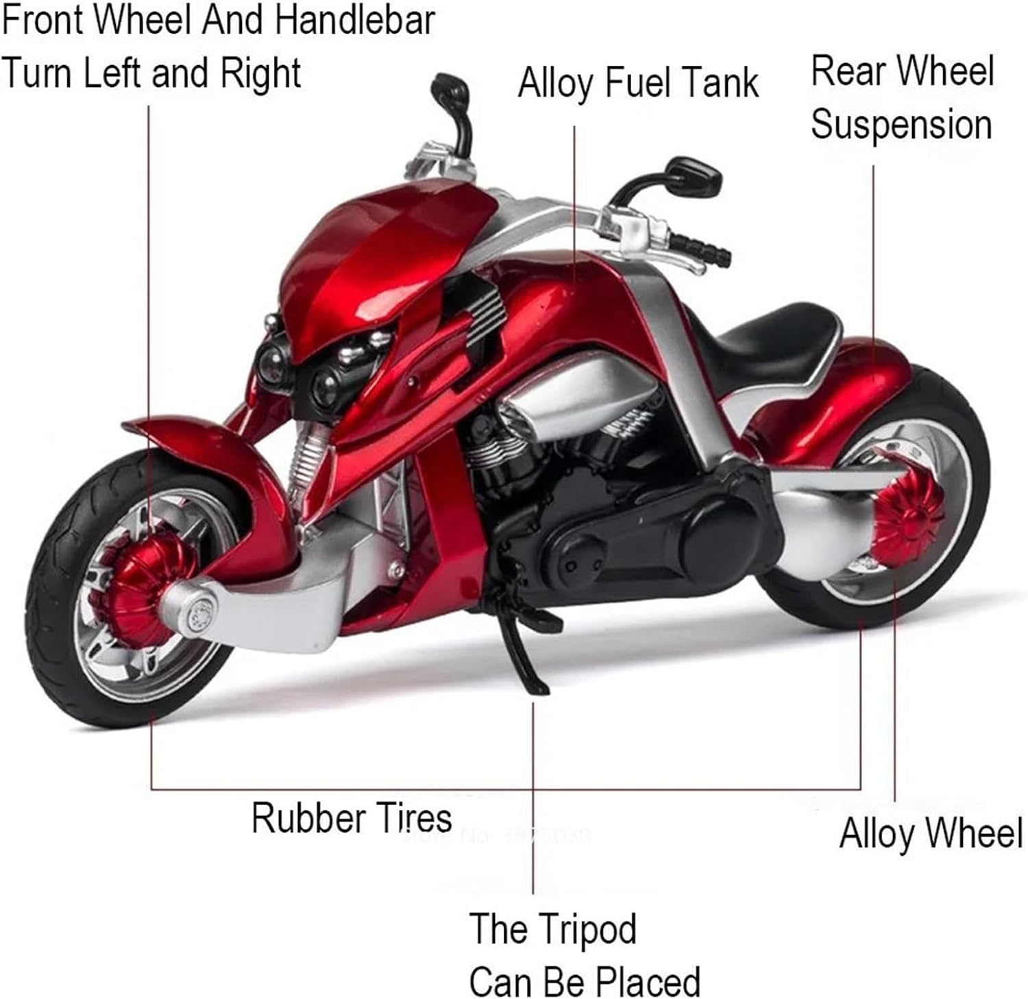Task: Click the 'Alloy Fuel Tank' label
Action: [638, 84]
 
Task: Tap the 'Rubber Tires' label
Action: [352, 817]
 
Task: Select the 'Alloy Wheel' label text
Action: [931, 834]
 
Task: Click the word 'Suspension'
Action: [901, 125]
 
